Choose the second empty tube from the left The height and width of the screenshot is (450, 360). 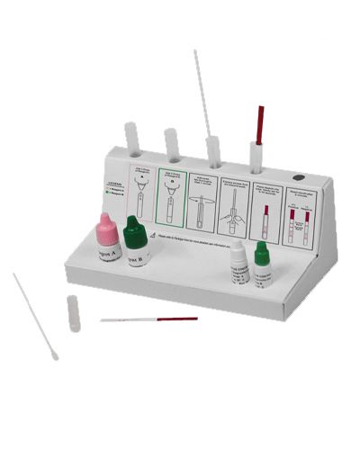click(x=171, y=144)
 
